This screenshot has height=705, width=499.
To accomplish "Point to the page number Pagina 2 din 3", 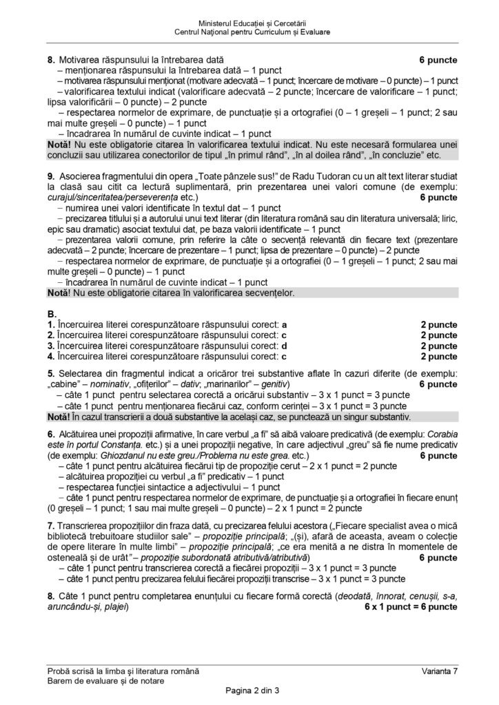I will click(x=249, y=691).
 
